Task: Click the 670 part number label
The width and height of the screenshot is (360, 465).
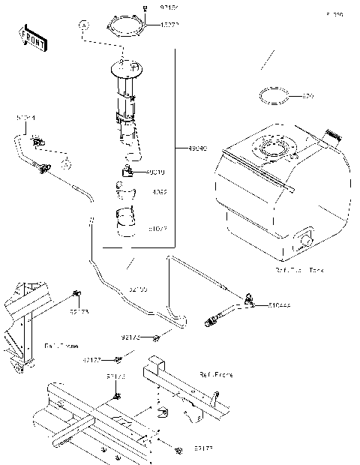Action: click(x=307, y=97)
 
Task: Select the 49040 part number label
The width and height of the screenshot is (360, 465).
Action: click(x=187, y=148)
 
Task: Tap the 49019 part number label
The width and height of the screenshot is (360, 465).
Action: click(x=157, y=172)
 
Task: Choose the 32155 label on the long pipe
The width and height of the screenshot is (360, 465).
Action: click(x=138, y=288)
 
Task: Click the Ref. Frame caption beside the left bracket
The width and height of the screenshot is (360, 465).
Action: click(x=60, y=346)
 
